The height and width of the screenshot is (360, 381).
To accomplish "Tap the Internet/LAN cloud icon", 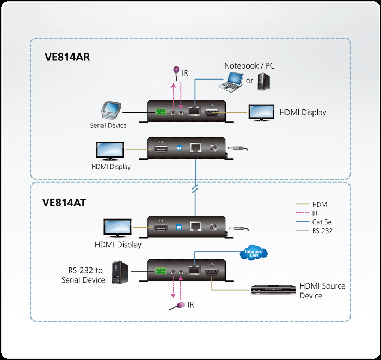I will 256,252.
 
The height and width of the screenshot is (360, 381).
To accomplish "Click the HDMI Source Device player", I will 272,290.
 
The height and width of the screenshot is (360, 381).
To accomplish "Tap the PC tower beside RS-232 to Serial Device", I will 120,272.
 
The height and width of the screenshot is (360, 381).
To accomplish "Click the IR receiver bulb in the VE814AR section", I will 176,70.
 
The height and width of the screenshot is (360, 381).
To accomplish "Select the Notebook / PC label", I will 249,65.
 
